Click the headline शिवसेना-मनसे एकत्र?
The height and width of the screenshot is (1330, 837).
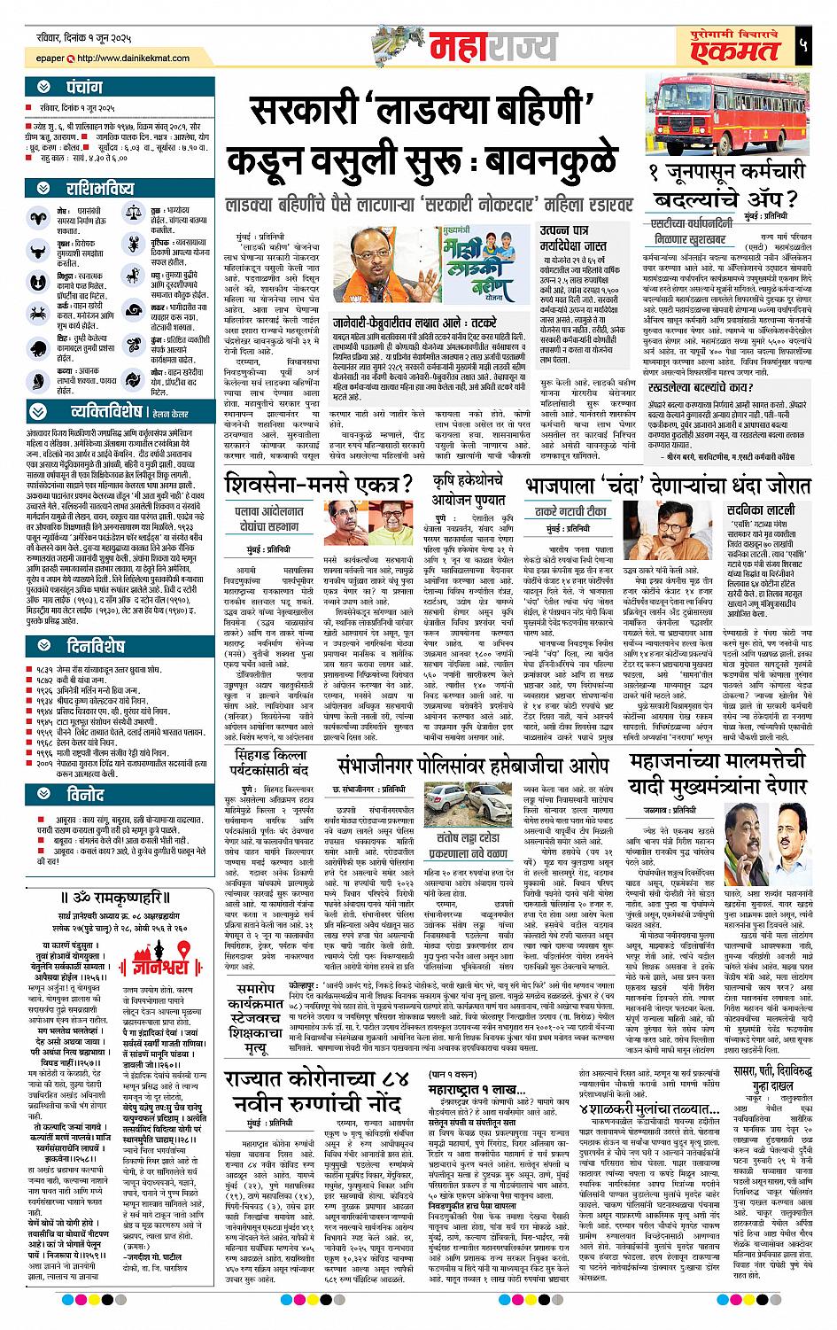[x=320, y=485]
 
